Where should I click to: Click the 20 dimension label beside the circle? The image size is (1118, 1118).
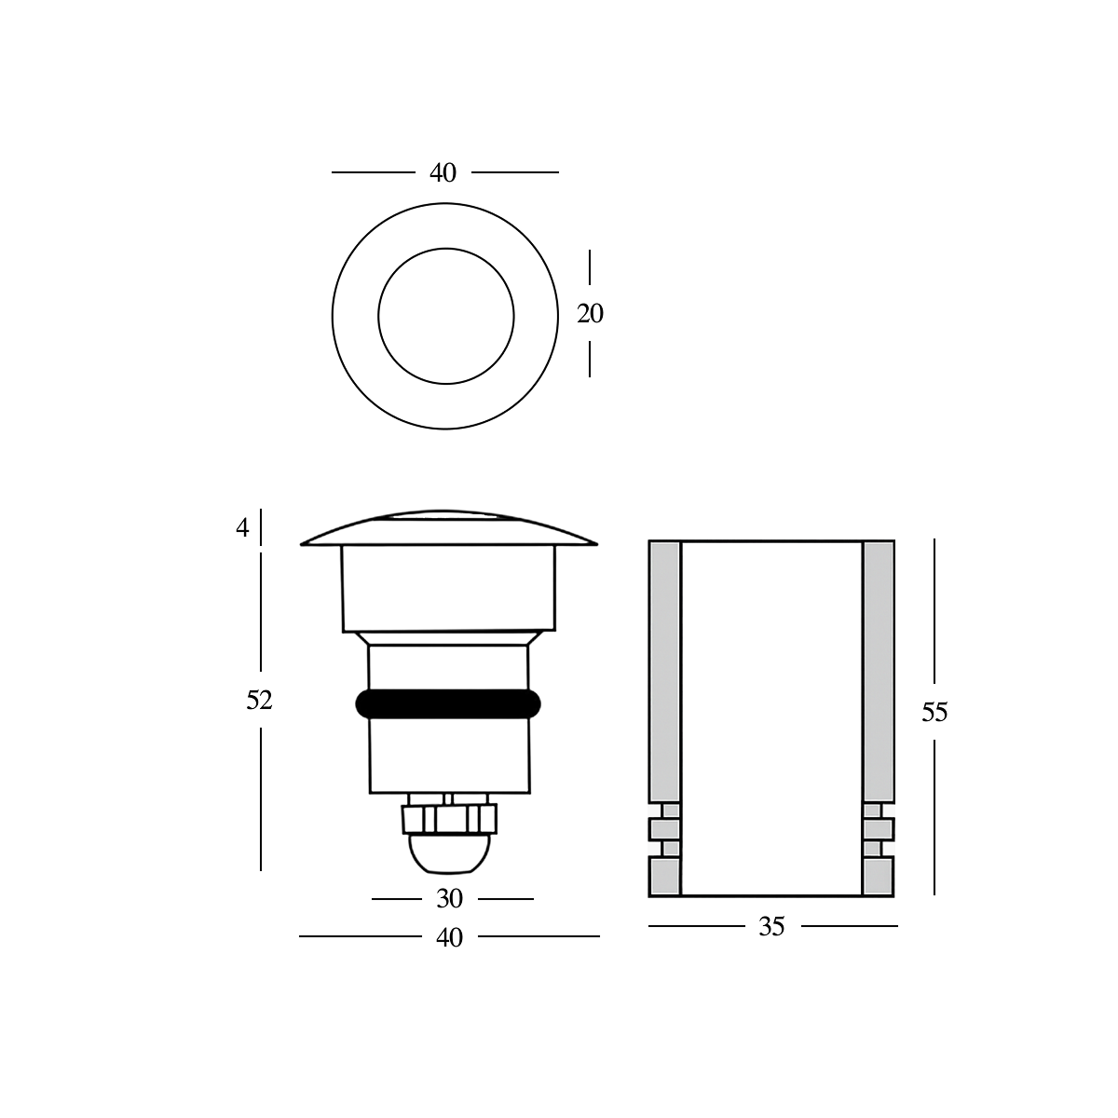point(590,315)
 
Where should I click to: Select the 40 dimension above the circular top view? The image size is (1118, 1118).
point(443,173)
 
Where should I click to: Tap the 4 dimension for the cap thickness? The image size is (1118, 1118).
point(243,528)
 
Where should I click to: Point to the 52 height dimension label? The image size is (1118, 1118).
point(259,701)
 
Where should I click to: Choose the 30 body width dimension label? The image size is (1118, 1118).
point(449,899)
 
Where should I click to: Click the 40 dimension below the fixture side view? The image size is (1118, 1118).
point(449,938)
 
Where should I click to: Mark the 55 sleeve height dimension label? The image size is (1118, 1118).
point(934,713)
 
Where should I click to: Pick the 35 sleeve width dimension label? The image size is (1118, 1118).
point(771,927)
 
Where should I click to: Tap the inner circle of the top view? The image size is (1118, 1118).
point(446,315)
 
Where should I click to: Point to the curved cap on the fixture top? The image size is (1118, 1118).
point(448,529)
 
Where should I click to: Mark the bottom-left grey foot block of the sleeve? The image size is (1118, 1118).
point(664,877)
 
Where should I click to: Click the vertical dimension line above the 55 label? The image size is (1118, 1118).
point(934,615)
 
